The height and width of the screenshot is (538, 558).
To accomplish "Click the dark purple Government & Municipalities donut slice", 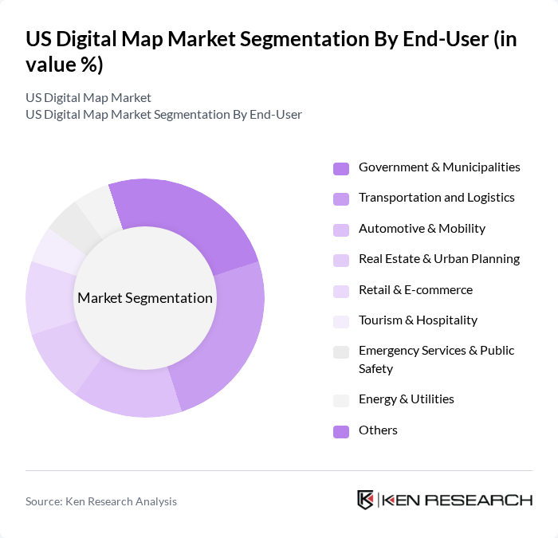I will click(x=191, y=219).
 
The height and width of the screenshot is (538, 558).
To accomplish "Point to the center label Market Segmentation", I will click(x=145, y=298).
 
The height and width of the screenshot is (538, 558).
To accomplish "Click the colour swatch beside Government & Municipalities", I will click(x=341, y=168).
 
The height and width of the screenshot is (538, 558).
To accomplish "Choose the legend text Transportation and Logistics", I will click(x=437, y=198).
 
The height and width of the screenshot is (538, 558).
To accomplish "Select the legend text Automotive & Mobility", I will click(x=422, y=228).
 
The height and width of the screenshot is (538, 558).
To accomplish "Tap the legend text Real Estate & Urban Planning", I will click(x=439, y=258).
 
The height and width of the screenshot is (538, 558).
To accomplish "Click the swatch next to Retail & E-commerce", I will click(x=341, y=291).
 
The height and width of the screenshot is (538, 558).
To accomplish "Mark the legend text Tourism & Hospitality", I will click(x=418, y=320).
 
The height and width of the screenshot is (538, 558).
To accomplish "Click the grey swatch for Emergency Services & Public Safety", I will click(x=341, y=351).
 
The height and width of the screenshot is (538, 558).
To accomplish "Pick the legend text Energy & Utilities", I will click(x=407, y=399).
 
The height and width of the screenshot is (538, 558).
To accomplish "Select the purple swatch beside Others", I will click(x=341, y=431).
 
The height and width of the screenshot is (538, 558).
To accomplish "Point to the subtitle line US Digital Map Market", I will click(x=88, y=98).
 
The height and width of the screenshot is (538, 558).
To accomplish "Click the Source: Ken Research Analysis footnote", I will click(x=101, y=501).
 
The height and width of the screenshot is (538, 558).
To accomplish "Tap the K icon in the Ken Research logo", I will click(x=365, y=500).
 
